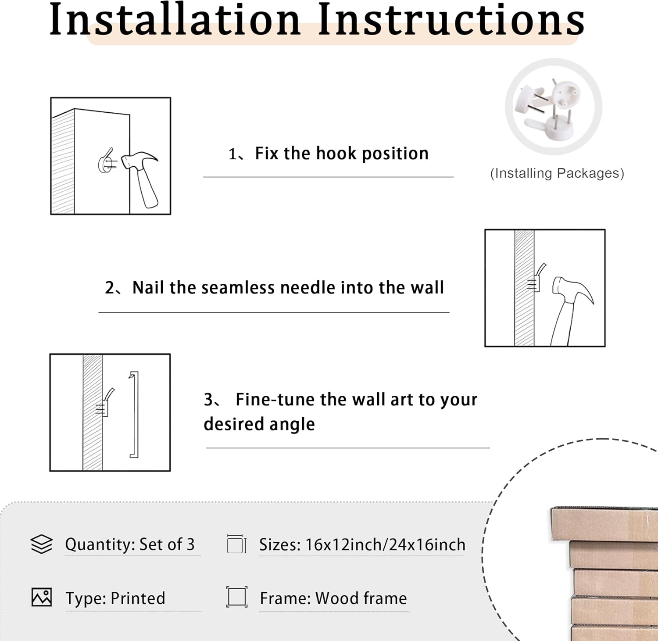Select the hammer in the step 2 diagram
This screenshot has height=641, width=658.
[570, 309]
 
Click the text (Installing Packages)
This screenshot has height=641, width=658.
[557, 173]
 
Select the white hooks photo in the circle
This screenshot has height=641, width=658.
[554, 107]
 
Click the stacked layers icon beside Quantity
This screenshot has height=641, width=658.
[42, 544]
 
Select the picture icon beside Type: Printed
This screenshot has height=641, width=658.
[42, 597]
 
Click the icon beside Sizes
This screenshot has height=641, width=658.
[237, 544]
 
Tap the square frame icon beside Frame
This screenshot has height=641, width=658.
[237, 597]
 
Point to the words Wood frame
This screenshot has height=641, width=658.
[361, 598]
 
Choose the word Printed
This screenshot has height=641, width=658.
[138, 598]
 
